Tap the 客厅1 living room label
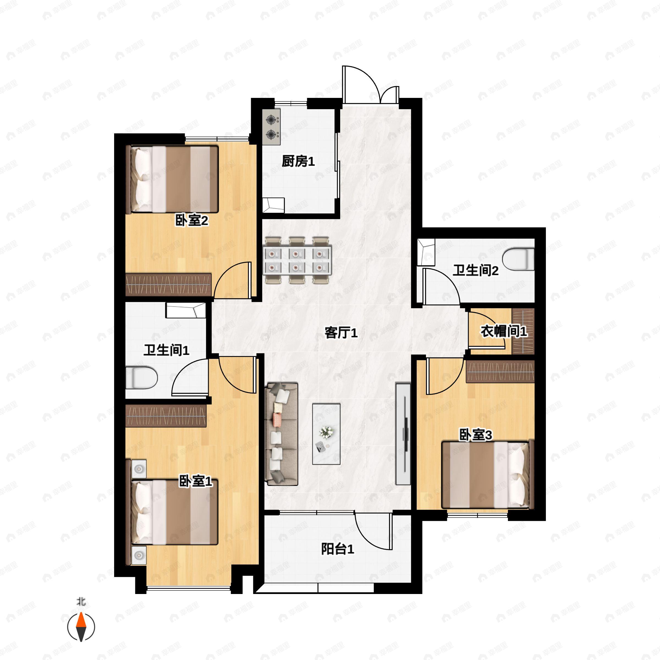click(341, 332)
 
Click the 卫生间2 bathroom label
click(475, 271)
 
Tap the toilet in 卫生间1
click(141, 378)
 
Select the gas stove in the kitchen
click(272, 127)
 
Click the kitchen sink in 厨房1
click(273, 205)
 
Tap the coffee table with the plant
click(326, 434)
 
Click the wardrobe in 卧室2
click(168, 284)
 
